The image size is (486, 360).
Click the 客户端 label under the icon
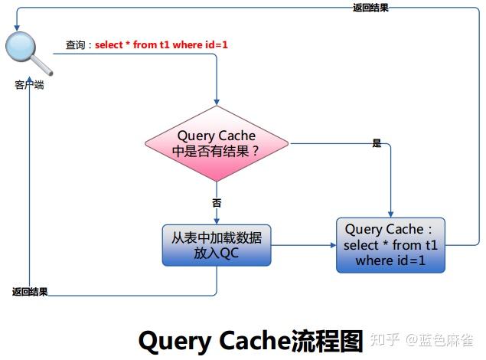click(x=29, y=85)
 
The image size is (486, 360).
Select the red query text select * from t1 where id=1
click(x=161, y=45)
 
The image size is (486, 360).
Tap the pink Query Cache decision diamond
click(x=217, y=143)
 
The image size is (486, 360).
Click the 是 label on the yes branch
click(x=376, y=144)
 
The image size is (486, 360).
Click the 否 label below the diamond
click(x=217, y=203)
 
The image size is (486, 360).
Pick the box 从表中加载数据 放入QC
click(x=217, y=245)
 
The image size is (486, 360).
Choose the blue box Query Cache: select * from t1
click(x=390, y=245)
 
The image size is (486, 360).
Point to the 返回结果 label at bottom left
click(x=30, y=292)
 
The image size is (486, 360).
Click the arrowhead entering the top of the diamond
click(x=217, y=102)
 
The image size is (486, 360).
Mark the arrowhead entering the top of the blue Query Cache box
click(x=391, y=214)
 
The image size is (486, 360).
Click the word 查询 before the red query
click(x=75, y=45)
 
